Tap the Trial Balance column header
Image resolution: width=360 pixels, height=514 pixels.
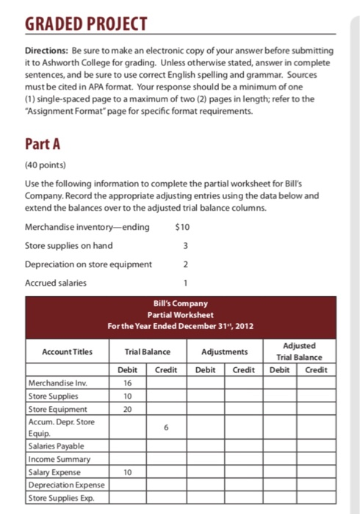tap(147, 352)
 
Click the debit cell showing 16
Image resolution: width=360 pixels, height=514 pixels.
tap(127, 383)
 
